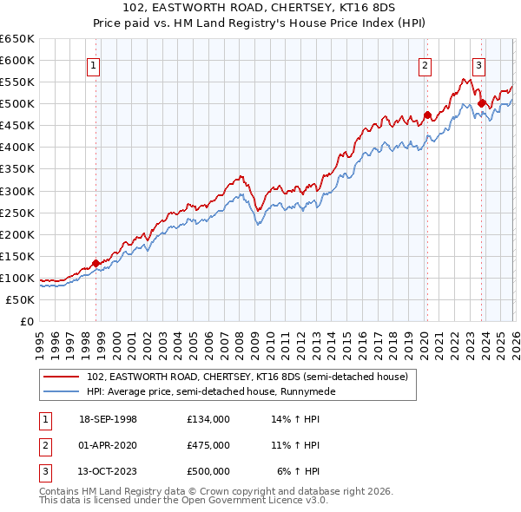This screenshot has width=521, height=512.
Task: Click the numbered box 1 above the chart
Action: (93, 63)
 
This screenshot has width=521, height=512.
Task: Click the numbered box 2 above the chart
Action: (425, 63)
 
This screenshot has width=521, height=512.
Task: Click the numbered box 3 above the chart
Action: (478, 63)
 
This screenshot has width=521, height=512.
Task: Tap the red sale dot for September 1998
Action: (96, 263)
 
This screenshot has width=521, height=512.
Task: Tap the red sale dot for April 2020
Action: (427, 115)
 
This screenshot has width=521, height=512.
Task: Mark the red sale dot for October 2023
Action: (481, 103)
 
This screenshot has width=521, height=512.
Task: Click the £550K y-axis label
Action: (17, 82)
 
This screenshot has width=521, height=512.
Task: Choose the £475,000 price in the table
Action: (208, 445)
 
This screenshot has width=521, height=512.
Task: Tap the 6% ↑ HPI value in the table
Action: (299, 471)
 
